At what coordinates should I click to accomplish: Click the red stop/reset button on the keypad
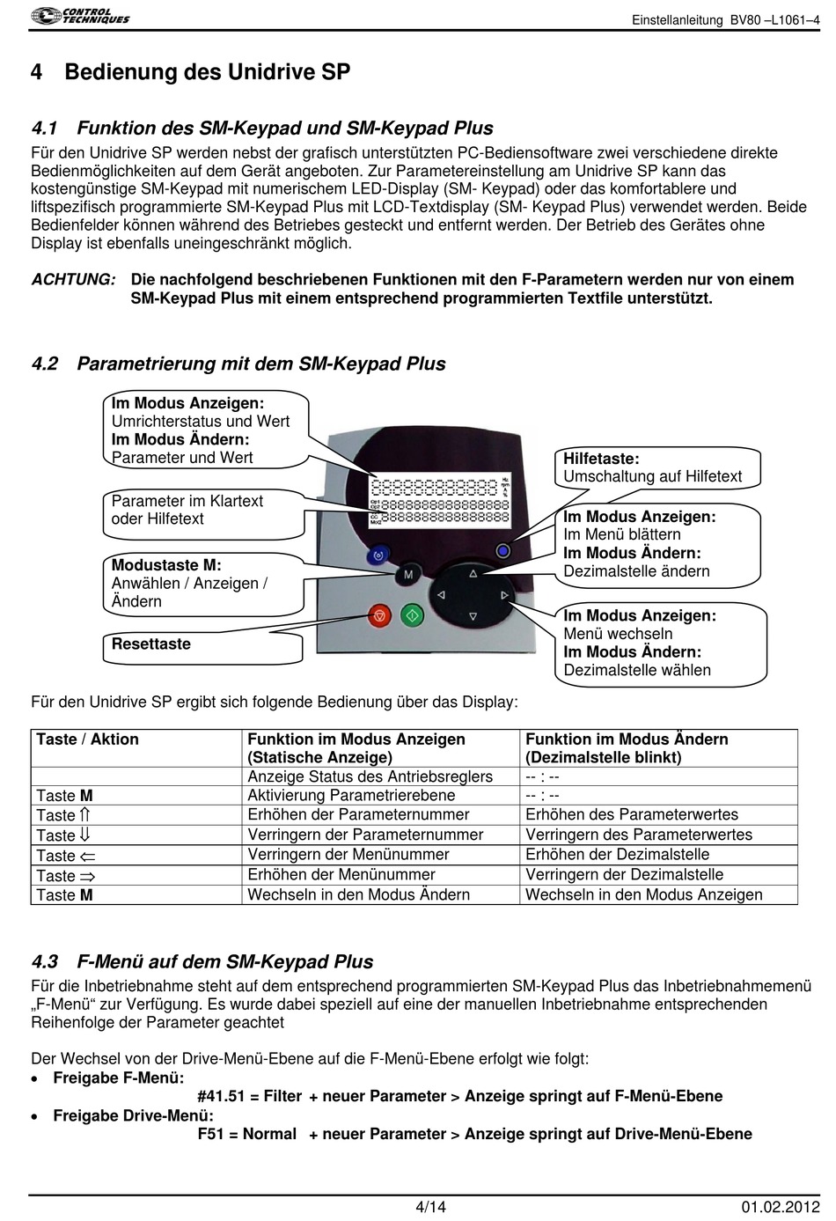click(x=380, y=615)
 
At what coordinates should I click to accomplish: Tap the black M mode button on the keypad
click(x=407, y=575)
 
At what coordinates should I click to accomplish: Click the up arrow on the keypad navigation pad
click(x=473, y=573)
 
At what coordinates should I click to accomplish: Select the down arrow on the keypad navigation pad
click(x=473, y=616)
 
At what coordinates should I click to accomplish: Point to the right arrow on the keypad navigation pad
click(x=504, y=595)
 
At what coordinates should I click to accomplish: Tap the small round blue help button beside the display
click(x=502, y=551)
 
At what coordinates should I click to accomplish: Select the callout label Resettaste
click(x=150, y=644)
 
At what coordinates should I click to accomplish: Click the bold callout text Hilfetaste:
click(x=601, y=459)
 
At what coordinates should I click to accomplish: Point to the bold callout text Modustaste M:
click(x=166, y=565)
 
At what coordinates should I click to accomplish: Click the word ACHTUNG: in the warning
click(x=73, y=280)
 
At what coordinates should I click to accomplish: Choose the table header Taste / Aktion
click(x=87, y=739)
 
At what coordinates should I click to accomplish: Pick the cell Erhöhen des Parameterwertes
click(x=631, y=815)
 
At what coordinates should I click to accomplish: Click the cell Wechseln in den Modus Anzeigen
click(x=643, y=895)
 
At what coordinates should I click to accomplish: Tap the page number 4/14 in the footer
click(x=430, y=1206)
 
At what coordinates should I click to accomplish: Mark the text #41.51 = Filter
click(x=249, y=1097)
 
